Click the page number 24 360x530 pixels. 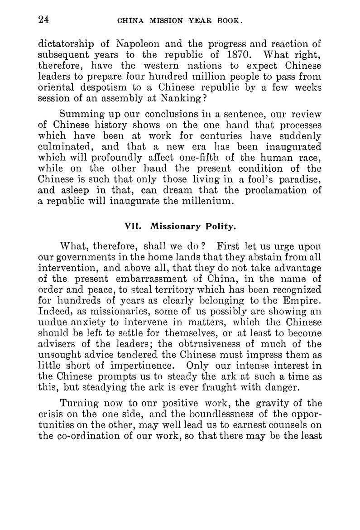pos(44,19)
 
